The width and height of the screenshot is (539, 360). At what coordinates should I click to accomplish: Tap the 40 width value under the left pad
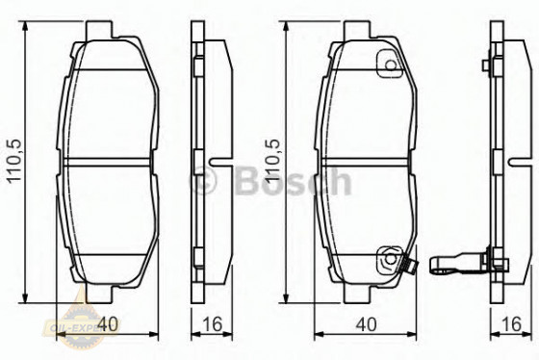pyautogui.click(x=113, y=324)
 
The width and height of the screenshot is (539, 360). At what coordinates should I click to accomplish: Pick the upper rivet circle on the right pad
pyautogui.click(x=390, y=66)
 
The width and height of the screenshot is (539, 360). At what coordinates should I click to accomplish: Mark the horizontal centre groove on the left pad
pyautogui.click(x=112, y=162)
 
